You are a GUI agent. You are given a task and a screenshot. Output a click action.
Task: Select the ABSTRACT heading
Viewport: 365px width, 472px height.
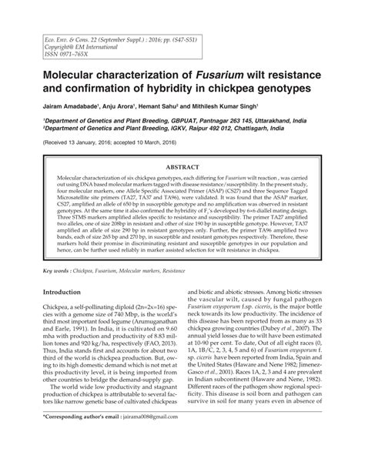pos(182,166)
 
